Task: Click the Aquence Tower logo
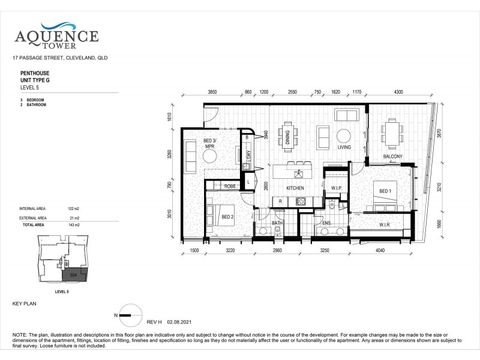[56, 34]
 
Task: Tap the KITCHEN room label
[295, 188]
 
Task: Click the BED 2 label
[227, 217]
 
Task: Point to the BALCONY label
[393, 157]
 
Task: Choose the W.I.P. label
[336, 188]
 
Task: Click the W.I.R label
[386, 226]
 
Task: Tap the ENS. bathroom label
[327, 223]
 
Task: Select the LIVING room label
[344, 147]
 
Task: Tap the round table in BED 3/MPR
[210, 156]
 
